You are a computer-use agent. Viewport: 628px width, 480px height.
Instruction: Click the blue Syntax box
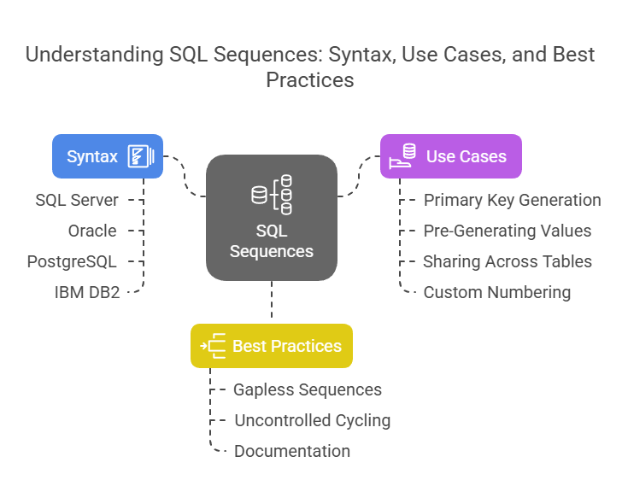108,156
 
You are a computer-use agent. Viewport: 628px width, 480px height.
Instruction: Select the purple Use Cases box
451,156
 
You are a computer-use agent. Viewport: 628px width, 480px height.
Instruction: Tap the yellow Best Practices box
272,346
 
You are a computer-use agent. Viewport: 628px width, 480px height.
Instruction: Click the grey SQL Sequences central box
272,218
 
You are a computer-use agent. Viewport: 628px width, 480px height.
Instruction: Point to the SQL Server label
77,200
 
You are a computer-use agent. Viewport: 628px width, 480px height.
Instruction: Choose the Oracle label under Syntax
92,231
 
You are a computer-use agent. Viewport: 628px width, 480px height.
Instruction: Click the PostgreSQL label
72,262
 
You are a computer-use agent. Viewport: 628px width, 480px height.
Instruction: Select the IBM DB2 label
87,293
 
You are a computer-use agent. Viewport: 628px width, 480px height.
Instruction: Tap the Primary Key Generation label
513,200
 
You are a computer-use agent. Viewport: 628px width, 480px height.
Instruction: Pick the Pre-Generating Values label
508,231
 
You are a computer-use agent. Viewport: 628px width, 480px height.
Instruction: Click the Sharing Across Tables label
508,262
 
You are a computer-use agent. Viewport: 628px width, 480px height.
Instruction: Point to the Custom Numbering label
497,293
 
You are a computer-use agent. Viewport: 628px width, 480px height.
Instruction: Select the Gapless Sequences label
308,390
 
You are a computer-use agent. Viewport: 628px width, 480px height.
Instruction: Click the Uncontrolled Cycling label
313,421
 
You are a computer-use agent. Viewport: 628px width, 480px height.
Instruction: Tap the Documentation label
292,451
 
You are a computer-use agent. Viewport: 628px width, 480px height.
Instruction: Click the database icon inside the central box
272,195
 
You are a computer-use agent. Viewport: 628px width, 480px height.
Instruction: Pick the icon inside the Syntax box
141,156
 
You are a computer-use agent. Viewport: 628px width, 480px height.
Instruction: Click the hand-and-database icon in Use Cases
402,155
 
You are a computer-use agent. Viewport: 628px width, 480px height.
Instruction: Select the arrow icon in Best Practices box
213,346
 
